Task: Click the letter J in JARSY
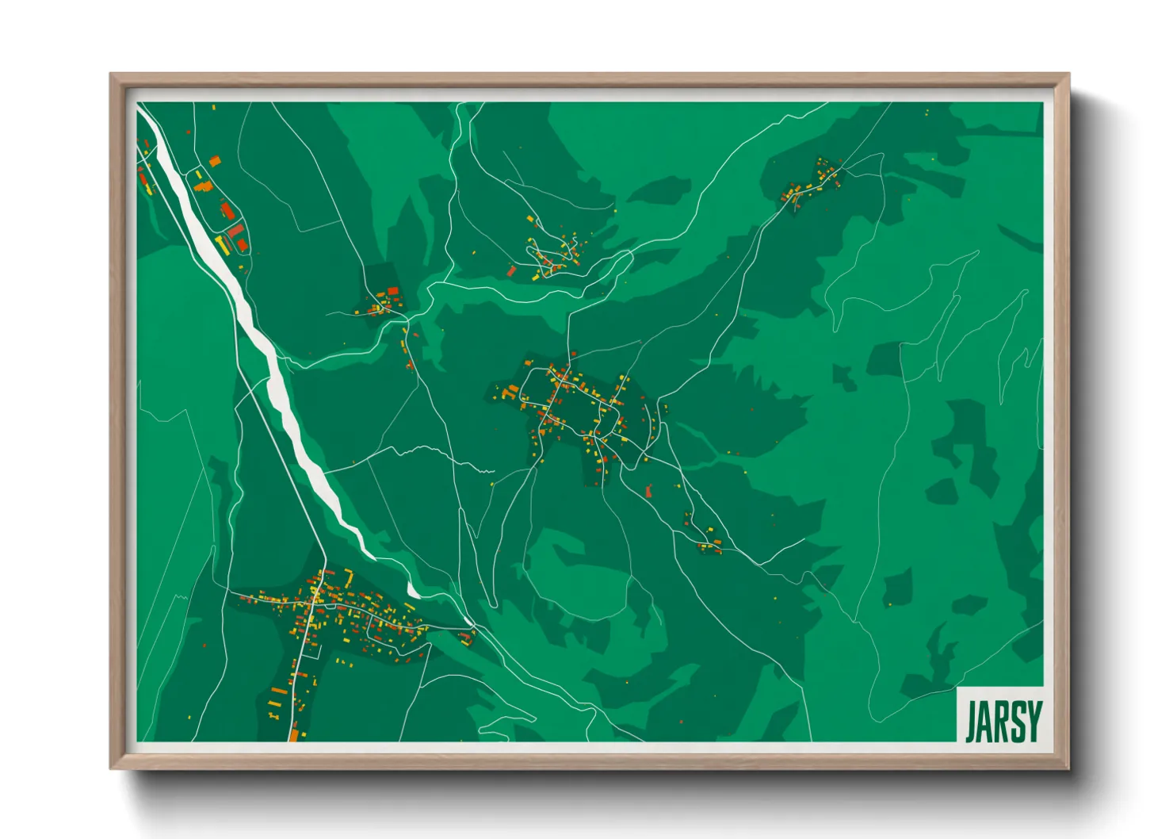(x=971, y=721)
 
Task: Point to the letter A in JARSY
(x=985, y=721)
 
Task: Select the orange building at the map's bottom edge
(x=294, y=734)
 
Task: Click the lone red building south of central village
(x=648, y=492)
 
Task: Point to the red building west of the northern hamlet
(x=511, y=271)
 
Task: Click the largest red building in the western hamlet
(x=235, y=230)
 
